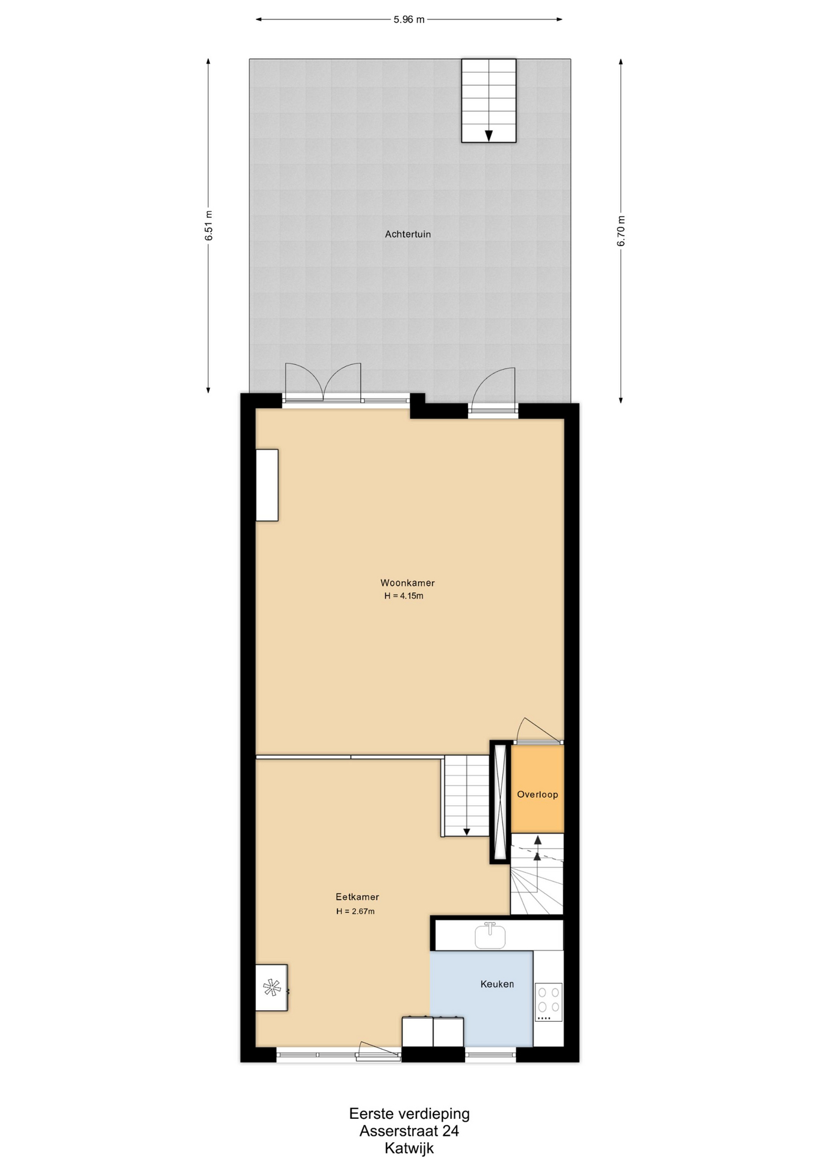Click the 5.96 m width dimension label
click(x=409, y=20)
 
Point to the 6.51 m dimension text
click(x=209, y=225)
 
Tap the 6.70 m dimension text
click(x=621, y=231)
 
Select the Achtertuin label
click(x=408, y=234)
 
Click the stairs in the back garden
click(x=488, y=101)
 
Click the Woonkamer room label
click(x=407, y=583)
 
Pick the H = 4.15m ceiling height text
click(x=404, y=596)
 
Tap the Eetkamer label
click(x=357, y=897)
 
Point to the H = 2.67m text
click(x=355, y=911)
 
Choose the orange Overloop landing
click(x=537, y=789)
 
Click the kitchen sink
click(x=490, y=936)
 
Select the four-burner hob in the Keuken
click(x=548, y=1002)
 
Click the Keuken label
click(x=497, y=984)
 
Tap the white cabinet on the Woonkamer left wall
click(x=267, y=485)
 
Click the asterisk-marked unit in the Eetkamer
click(x=272, y=988)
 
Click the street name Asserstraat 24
click(x=409, y=1130)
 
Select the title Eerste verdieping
click(x=409, y=1113)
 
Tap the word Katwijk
click(x=409, y=1148)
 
